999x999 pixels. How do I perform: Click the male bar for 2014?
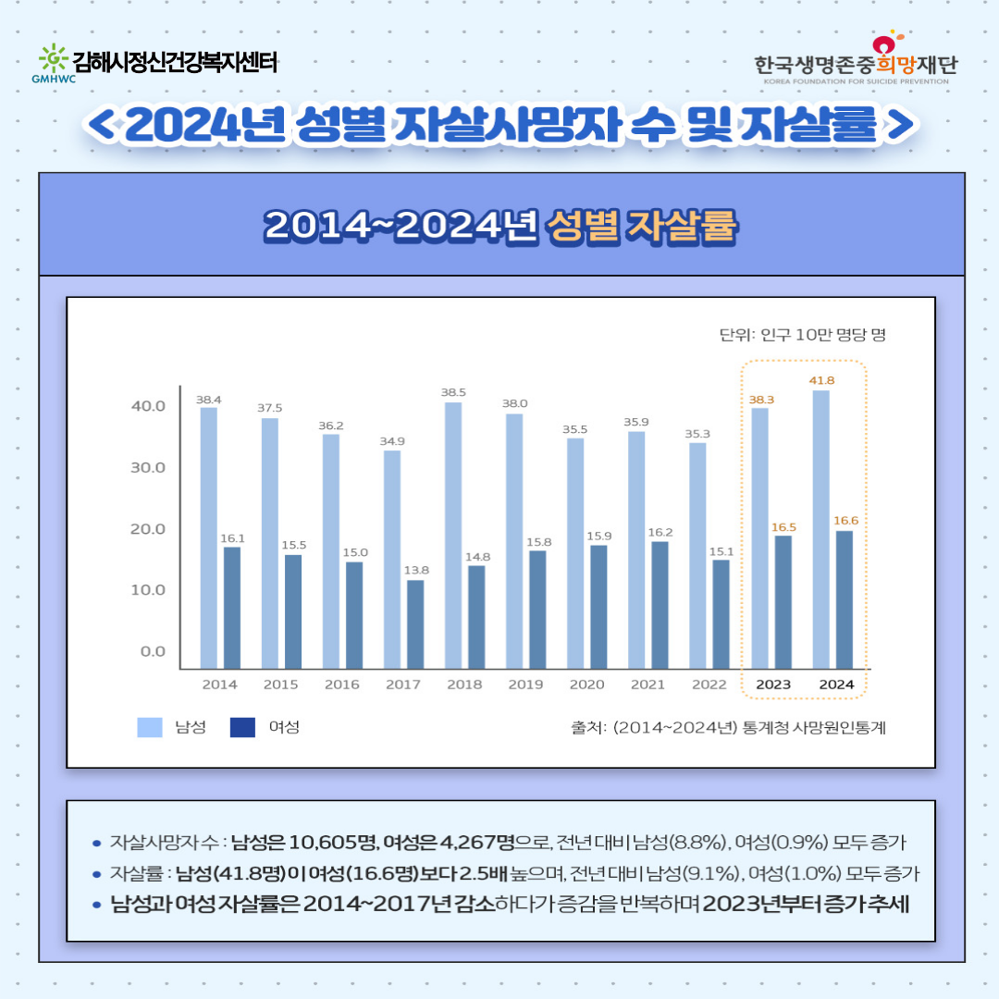click(x=209, y=537)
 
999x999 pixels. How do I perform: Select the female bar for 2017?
click(x=415, y=623)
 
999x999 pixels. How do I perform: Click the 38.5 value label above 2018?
click(x=453, y=392)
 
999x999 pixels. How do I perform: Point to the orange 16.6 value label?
click(x=845, y=521)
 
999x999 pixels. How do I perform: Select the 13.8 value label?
click(x=417, y=570)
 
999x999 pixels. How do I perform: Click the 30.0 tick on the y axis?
click(x=147, y=467)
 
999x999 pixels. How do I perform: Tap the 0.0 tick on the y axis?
click(x=153, y=651)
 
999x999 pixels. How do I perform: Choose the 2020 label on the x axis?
click(x=586, y=684)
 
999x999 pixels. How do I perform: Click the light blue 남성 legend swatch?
click(x=150, y=727)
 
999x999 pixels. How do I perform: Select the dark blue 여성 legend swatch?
click(x=242, y=727)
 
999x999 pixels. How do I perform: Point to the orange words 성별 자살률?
click(x=641, y=226)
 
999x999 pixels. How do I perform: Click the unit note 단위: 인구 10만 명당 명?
click(x=802, y=335)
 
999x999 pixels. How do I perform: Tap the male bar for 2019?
click(x=514, y=541)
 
